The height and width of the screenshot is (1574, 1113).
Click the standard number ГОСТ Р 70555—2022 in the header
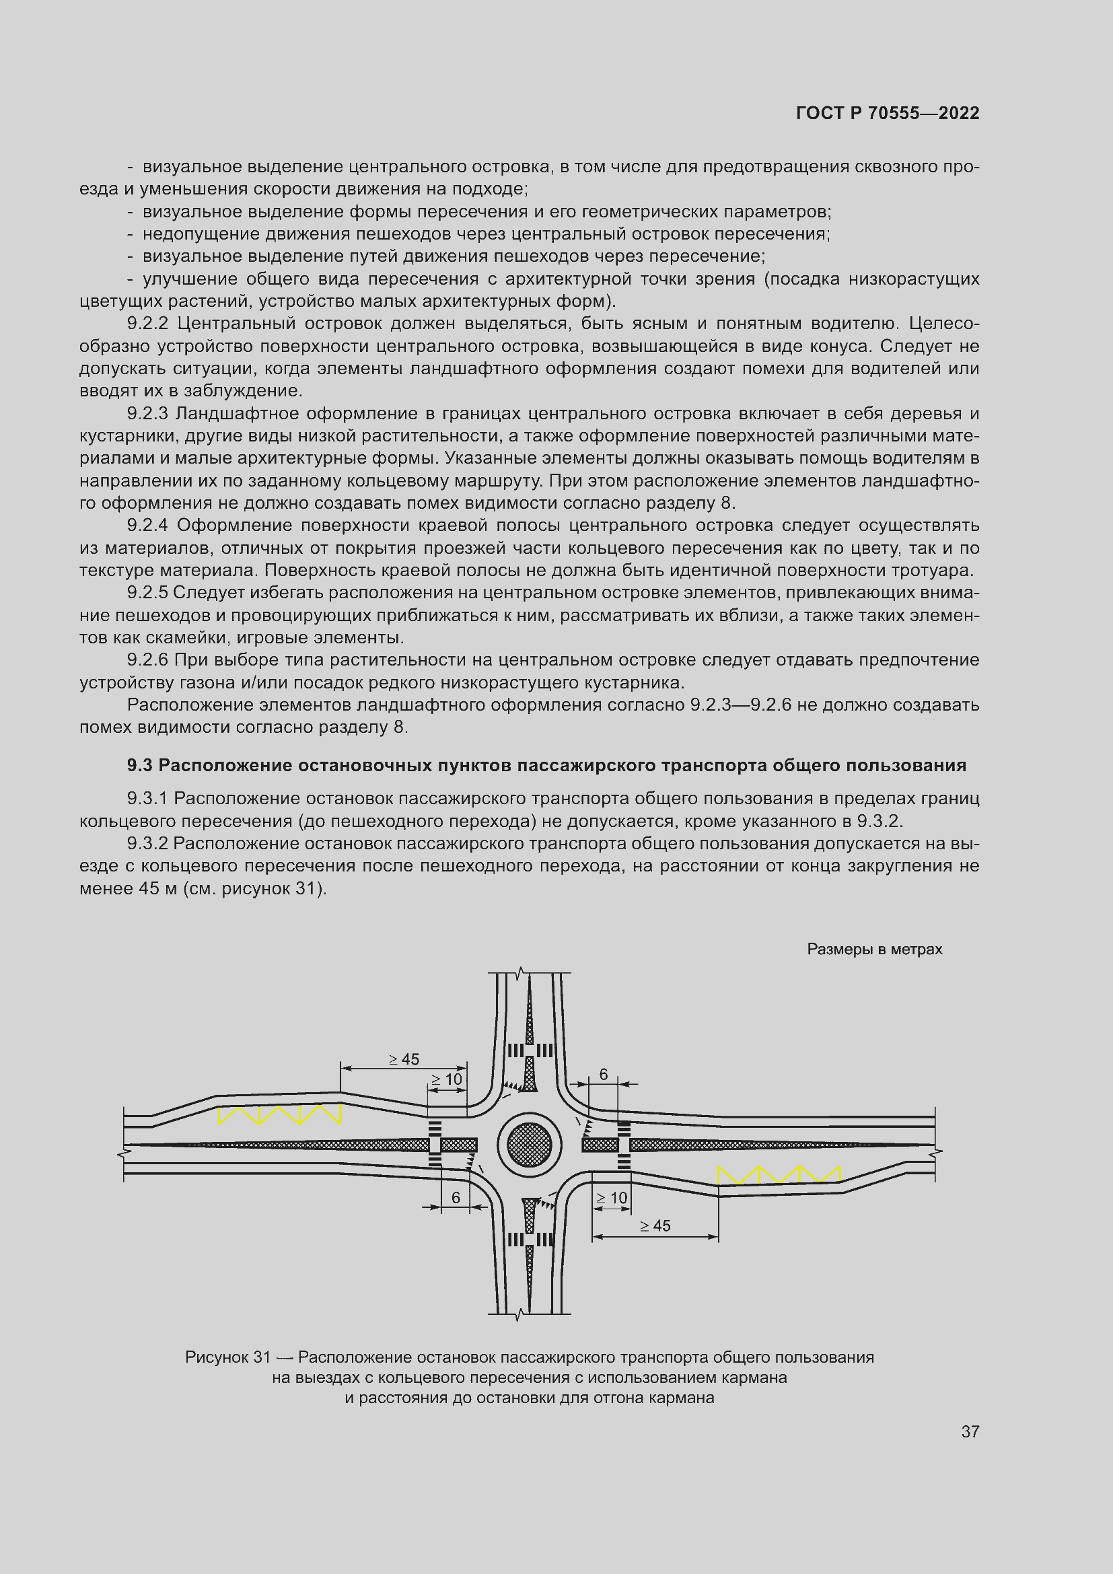point(888,114)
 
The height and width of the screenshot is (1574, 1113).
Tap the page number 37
point(970,1431)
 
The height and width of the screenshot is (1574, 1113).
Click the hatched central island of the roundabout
point(529,1145)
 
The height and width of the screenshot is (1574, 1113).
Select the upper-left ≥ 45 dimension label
point(404,1059)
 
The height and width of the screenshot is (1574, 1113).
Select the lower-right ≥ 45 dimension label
point(655,1225)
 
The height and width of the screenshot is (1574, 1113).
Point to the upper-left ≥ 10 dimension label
point(447,1079)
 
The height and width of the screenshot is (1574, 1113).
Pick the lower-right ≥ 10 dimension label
point(611,1198)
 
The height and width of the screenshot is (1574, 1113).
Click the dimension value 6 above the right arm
point(603,1074)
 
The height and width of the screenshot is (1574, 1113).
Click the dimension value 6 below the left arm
point(456,1198)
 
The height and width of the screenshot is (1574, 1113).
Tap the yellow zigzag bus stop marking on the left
point(280,1114)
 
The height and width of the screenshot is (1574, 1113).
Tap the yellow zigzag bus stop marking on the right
point(779,1175)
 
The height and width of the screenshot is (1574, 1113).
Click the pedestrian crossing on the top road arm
point(530,1051)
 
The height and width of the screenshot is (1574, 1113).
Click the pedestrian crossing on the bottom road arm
point(530,1240)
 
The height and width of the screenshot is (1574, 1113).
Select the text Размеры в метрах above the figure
point(875,950)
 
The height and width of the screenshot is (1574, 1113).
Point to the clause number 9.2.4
point(147,526)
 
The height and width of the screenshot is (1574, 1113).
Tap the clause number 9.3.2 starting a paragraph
point(147,844)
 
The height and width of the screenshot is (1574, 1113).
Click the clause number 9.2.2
point(147,324)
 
